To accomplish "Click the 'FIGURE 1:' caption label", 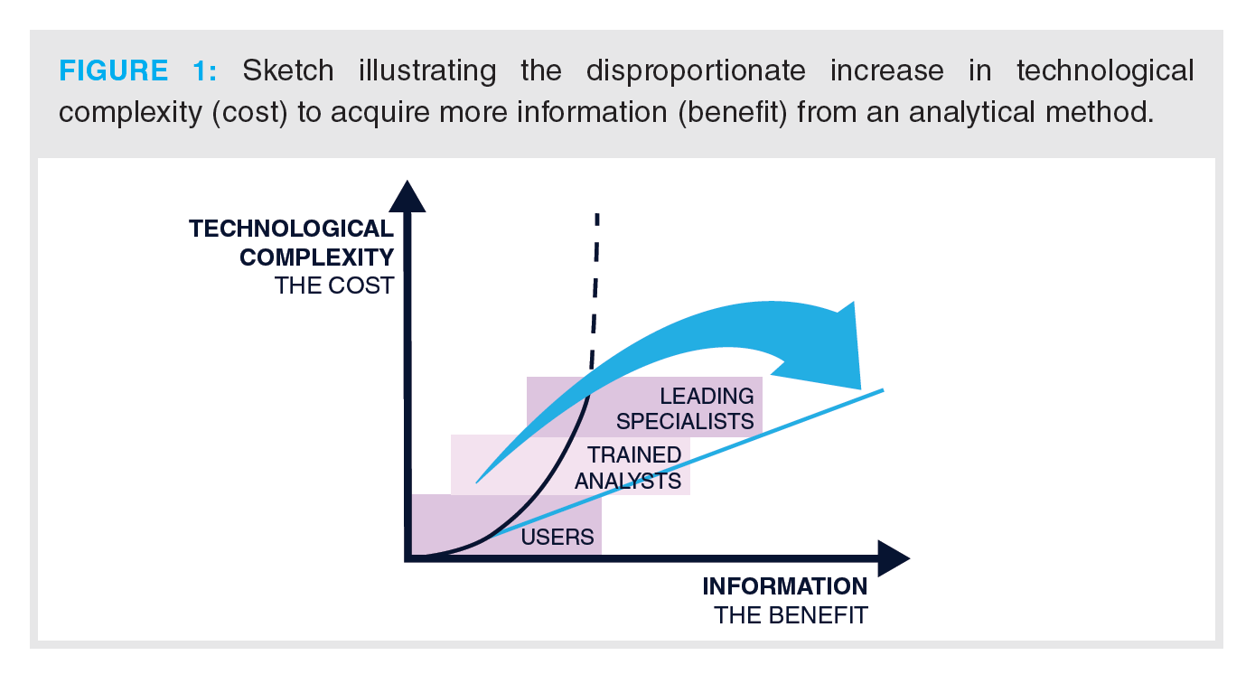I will [x=137, y=70].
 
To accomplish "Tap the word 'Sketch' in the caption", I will [x=287, y=70].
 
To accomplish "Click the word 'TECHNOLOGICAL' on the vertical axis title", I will [x=291, y=229].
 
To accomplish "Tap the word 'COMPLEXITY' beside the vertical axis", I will [x=316, y=257].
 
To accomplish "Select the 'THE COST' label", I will [x=334, y=286].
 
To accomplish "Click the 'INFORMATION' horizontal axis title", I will [x=784, y=586].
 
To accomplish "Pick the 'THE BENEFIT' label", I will [x=791, y=615].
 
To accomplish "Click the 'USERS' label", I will [x=557, y=538].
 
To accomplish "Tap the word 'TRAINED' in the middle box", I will [x=634, y=454].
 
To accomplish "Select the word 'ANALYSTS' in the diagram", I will [x=628, y=480].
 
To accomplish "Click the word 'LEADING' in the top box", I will [x=707, y=396].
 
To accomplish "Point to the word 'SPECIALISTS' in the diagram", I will [x=685, y=421].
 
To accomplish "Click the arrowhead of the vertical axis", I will [x=408, y=196].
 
